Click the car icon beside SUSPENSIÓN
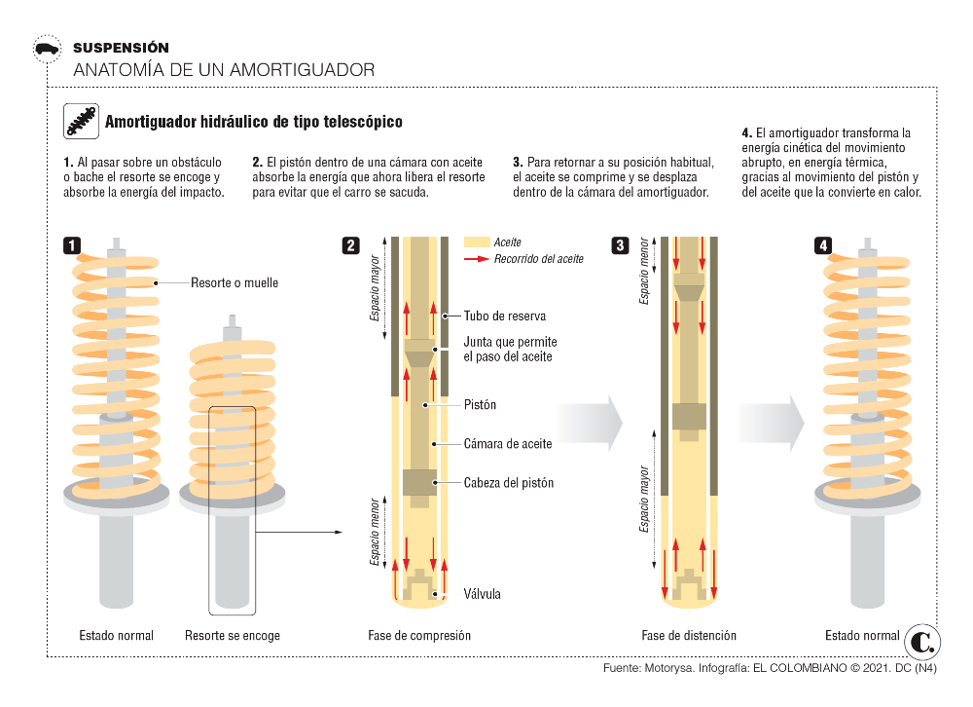47,49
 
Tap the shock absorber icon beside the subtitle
82,121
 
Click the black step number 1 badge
72,245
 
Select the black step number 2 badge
350,245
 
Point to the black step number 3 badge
620,245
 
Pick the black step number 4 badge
823,245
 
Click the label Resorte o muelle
234,282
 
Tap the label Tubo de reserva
505,316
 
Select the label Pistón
481,404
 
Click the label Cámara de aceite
508,444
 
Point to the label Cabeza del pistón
509,483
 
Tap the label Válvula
483,594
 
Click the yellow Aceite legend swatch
477,242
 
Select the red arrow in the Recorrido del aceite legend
477,258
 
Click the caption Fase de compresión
419,636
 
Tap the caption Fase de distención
689,636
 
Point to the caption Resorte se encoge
233,636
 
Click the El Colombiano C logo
922,642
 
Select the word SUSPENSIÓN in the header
121,48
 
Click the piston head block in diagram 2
419,483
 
